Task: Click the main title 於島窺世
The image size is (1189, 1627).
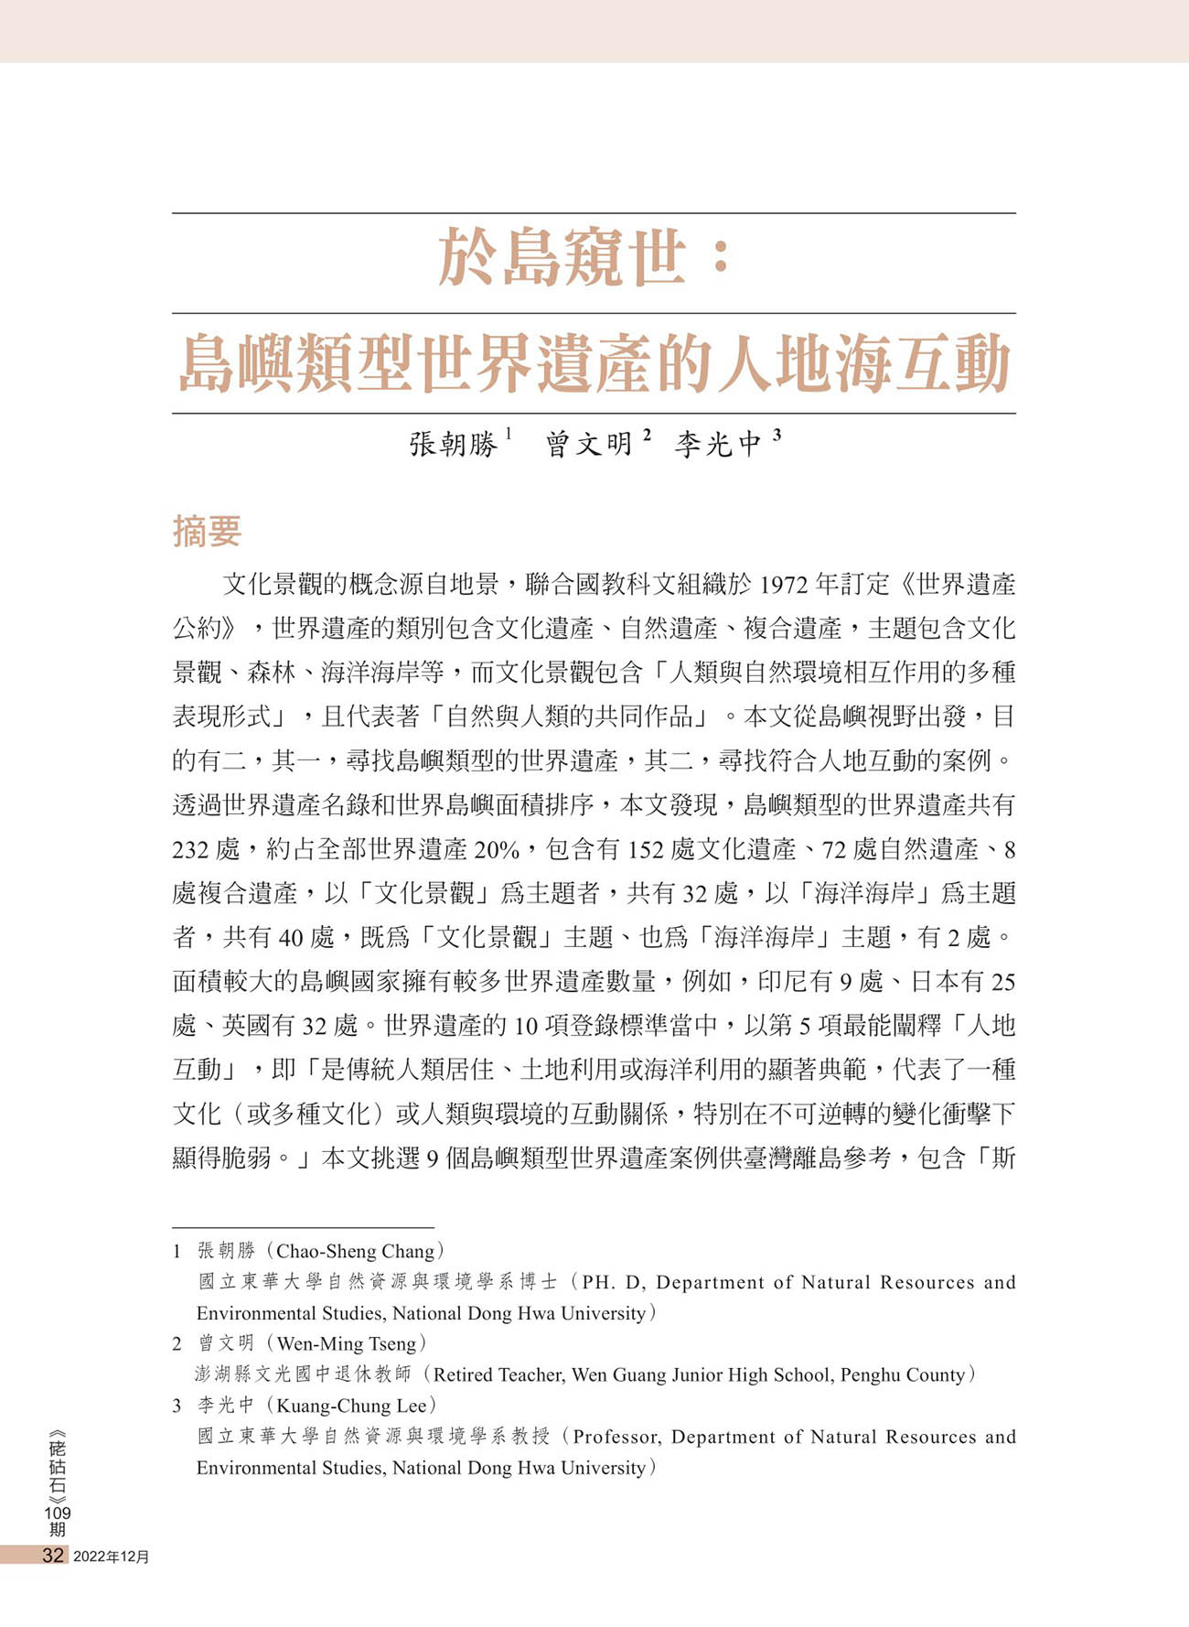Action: coord(562,258)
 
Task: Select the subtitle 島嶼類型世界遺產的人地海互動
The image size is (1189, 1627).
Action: coord(594,363)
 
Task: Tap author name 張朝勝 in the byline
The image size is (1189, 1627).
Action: coord(453,445)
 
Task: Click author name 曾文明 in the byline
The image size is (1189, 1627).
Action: coord(589,445)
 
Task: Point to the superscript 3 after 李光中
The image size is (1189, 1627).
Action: coord(777,436)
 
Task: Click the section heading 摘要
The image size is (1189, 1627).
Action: coord(207,532)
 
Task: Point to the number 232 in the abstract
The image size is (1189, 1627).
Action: coord(190,850)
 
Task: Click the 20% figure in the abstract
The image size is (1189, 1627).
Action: coord(497,850)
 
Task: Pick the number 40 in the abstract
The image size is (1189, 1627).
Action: coord(290,938)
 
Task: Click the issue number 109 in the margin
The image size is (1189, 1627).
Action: coord(58,1513)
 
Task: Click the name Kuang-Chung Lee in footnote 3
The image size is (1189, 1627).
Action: coord(351,1406)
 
